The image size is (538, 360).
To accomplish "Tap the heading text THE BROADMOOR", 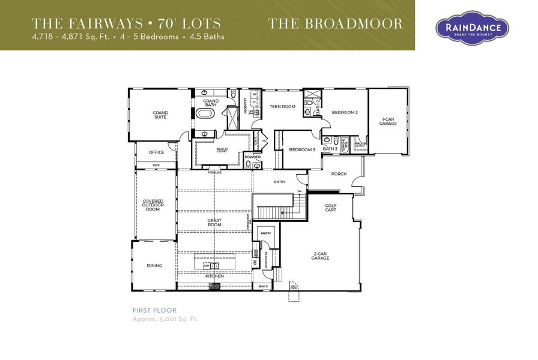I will pos(335,24).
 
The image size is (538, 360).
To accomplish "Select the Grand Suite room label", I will pos(160,115).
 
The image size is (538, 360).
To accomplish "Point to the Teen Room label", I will pos(282,106).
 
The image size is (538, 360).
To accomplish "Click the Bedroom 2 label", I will pos(345,112).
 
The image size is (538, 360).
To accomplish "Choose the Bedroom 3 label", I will pos(302,149).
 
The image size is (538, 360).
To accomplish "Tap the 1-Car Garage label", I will pos(388,121).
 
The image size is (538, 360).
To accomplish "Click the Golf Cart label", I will pos(331,208).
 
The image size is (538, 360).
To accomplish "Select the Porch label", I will pos(339,175).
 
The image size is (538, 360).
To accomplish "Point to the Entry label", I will pos(280,181).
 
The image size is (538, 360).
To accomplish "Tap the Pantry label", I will pos(265,233).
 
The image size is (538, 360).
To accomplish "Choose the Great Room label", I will pos(214,223).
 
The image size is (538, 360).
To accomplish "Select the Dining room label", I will pos(154,265).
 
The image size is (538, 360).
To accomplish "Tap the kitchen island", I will pos(214,265).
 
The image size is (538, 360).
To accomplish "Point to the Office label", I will pos(156,152).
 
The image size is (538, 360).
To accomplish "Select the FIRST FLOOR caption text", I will pos(154,310).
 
